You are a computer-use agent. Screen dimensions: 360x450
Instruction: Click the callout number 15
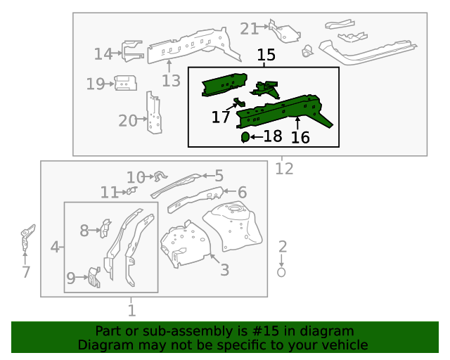(266, 55)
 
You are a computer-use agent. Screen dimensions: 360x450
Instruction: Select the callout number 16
(300, 137)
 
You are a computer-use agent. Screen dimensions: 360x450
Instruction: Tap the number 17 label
(221, 117)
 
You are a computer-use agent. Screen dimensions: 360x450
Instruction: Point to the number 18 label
(272, 136)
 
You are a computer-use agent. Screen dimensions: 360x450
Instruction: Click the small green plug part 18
(245, 136)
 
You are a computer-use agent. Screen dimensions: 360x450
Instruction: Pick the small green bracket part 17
(239, 104)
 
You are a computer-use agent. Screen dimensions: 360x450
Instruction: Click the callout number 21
(250, 28)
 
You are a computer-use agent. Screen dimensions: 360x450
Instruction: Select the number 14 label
(103, 53)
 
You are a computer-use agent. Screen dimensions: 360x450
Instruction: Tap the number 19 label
(95, 84)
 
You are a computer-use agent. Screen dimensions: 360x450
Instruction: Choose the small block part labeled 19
(125, 82)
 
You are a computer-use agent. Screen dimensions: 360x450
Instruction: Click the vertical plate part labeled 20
(153, 112)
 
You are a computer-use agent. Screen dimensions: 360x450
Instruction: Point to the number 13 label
(171, 80)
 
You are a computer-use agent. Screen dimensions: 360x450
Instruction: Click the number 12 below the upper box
(284, 168)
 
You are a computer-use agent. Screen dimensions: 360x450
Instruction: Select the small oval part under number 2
(282, 272)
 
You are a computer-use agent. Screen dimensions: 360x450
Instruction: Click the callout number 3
(224, 269)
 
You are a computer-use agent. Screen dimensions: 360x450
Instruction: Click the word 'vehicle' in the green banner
(342, 345)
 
